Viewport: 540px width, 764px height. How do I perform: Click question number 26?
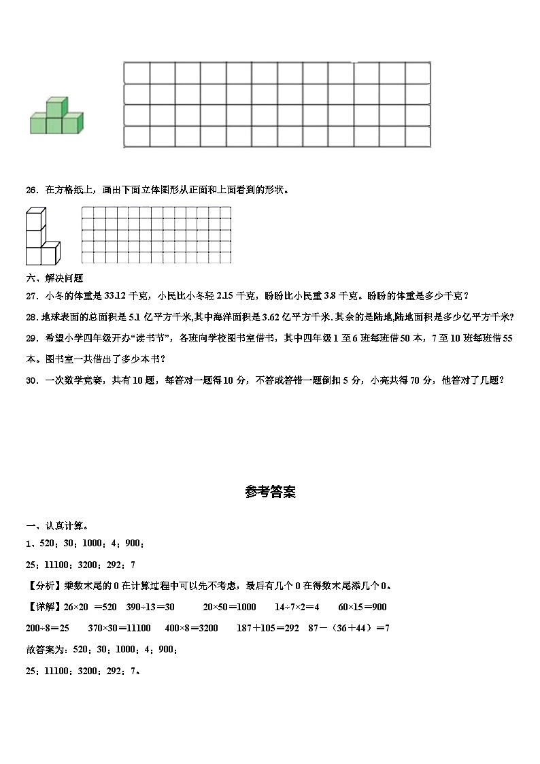point(31,190)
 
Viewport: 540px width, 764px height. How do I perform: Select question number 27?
point(31,295)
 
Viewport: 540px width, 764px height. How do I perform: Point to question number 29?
point(31,337)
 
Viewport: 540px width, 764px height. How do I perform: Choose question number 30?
point(31,380)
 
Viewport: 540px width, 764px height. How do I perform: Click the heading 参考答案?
point(270,492)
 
